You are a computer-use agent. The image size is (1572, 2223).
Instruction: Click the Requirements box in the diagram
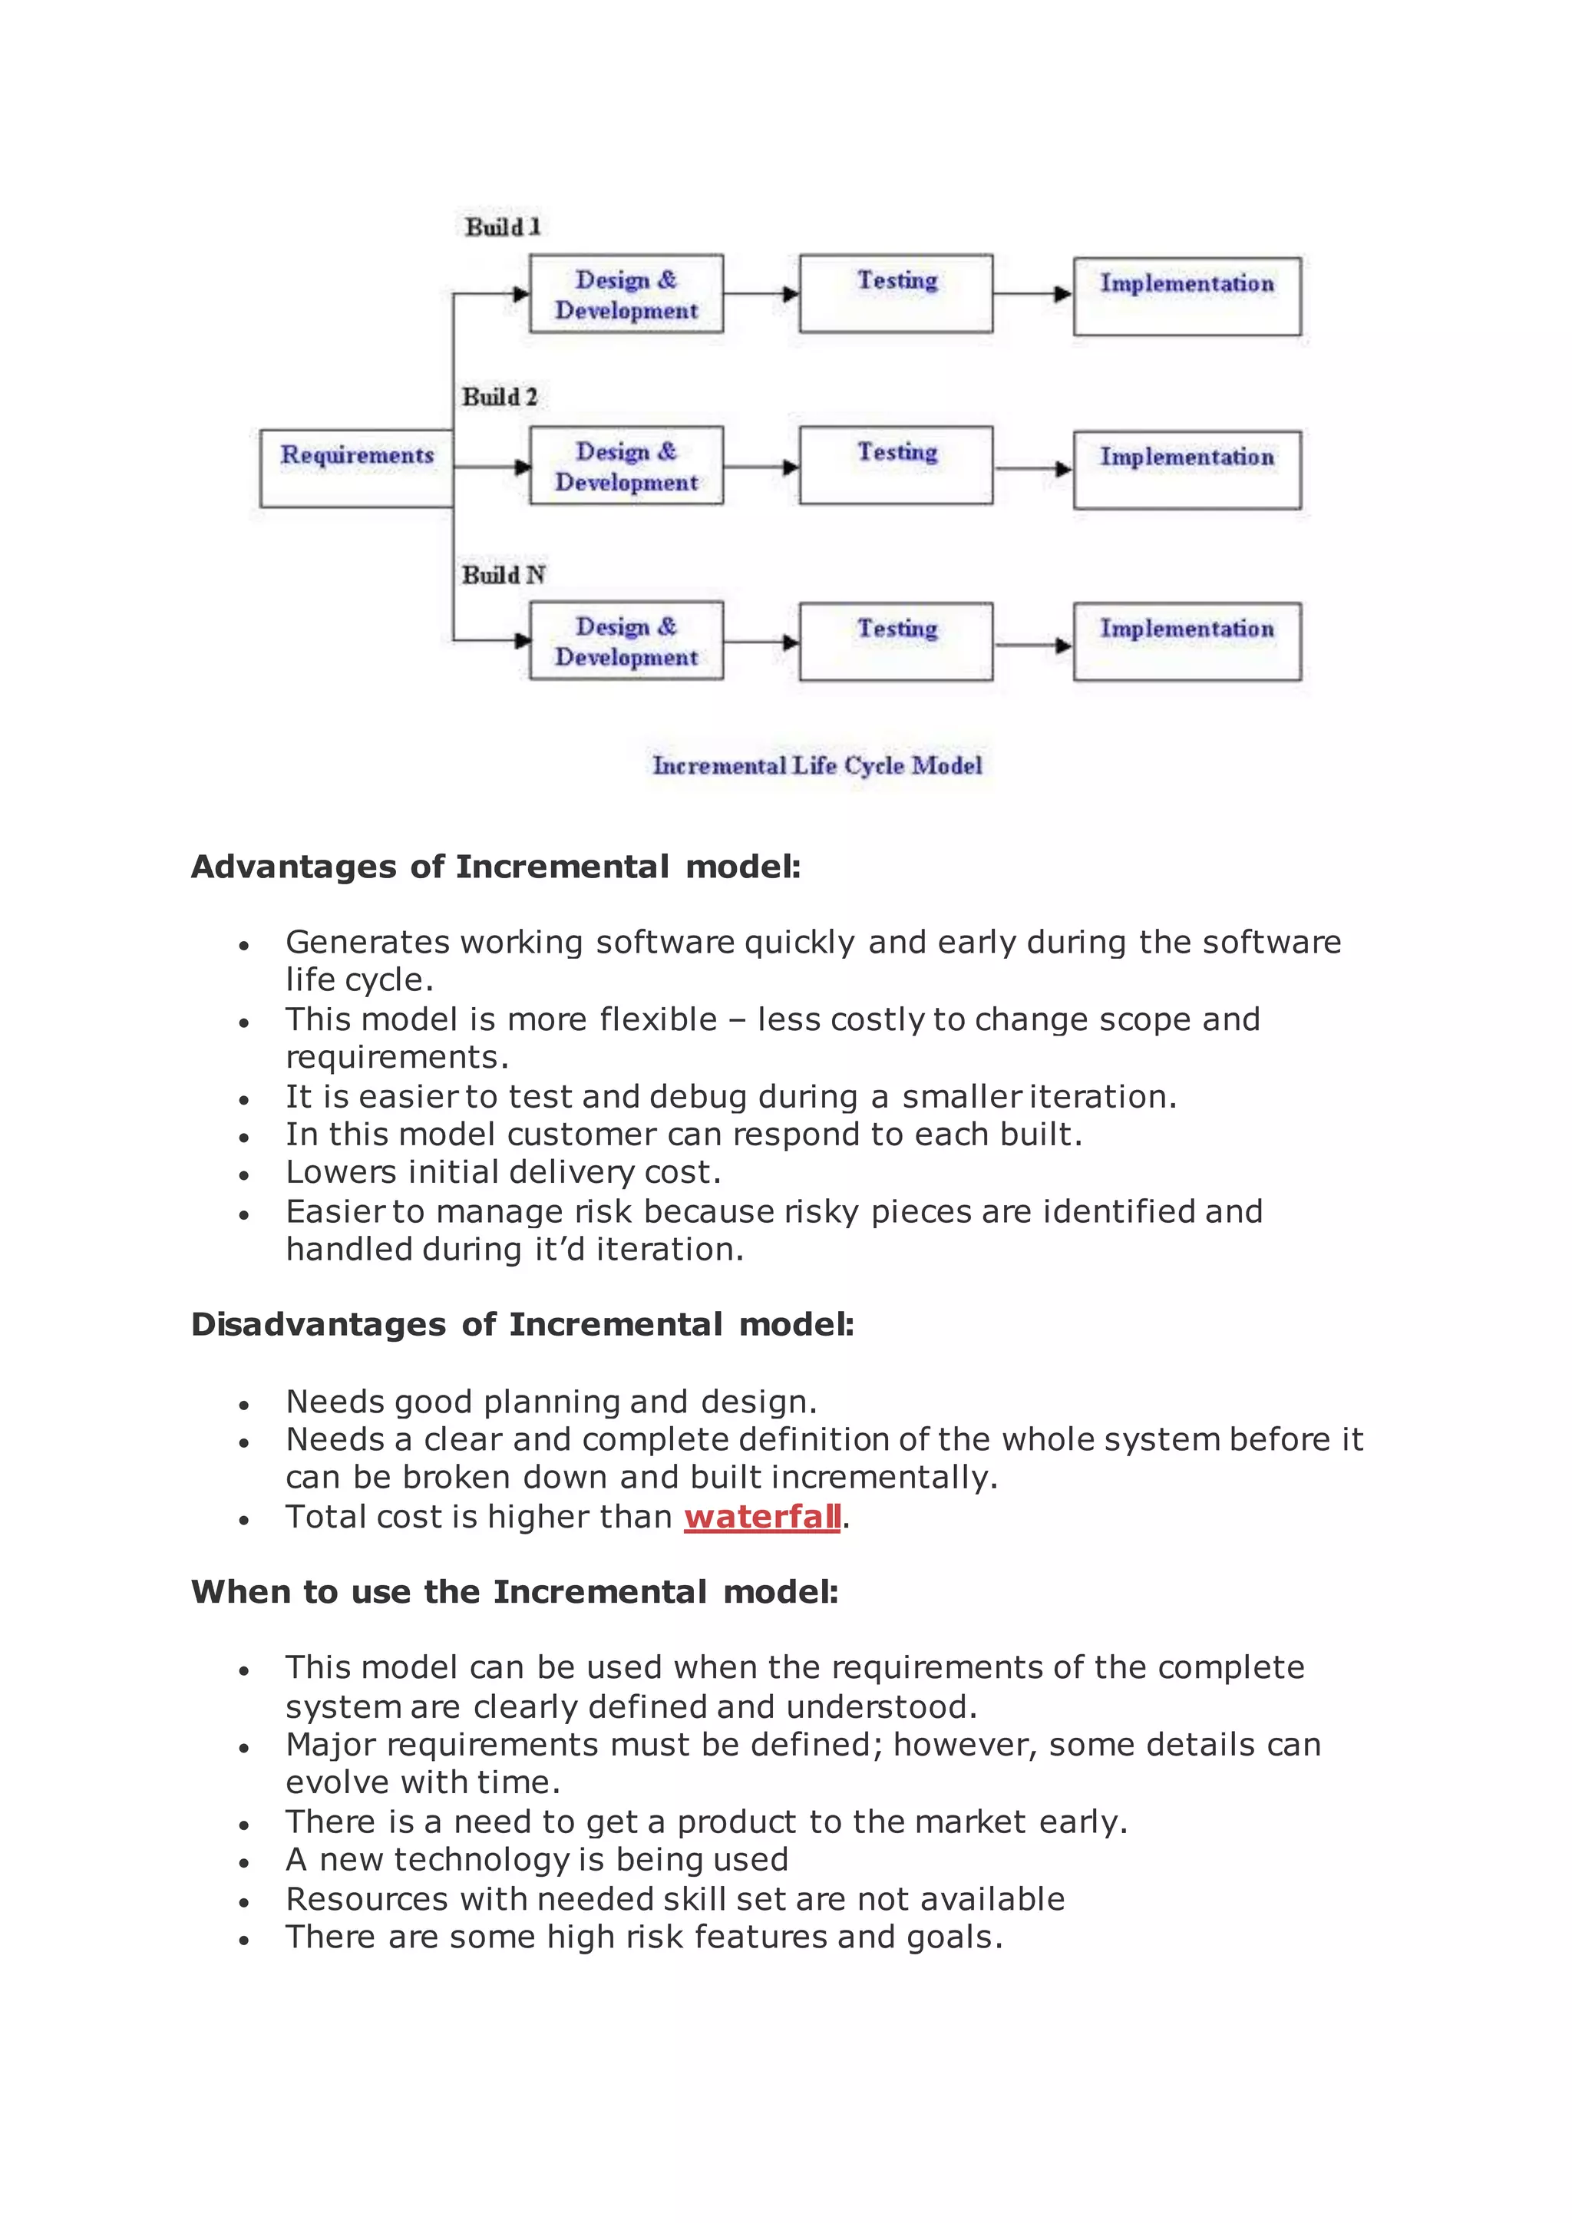[x=356, y=468]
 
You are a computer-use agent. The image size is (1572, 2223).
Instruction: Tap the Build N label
[x=504, y=575]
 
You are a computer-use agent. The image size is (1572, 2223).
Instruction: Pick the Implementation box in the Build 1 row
[x=1187, y=296]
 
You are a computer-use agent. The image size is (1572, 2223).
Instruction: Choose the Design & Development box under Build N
[x=626, y=641]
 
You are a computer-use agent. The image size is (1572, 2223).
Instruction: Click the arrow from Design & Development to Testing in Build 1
[x=761, y=293]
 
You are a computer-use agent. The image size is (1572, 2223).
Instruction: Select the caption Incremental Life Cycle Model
[x=817, y=766]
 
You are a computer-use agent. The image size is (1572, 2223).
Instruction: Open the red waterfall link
[x=761, y=1516]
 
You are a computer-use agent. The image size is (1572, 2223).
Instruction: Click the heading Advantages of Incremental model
[x=496, y=867]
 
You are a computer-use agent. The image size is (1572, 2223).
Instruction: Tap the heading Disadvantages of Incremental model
[x=523, y=1324]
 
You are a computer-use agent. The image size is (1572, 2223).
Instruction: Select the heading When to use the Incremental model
[x=514, y=1592]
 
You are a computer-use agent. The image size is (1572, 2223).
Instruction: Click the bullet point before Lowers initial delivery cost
[x=244, y=1175]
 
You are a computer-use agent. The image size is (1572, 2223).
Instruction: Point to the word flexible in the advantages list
[x=659, y=1019]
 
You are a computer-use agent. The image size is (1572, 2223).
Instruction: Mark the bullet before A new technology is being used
[x=244, y=1863]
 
